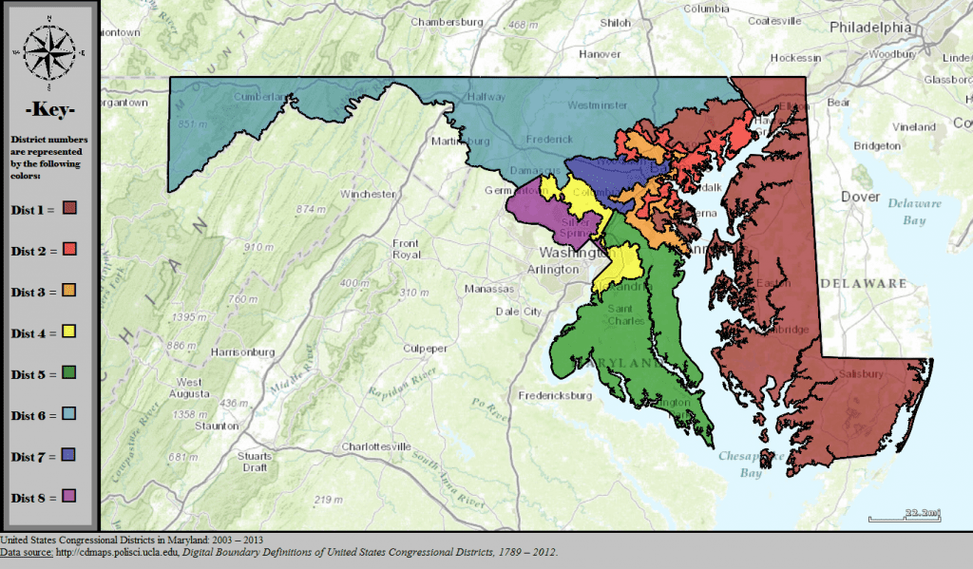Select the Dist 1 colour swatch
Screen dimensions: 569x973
(x=69, y=209)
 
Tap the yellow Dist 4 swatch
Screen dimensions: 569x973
(x=69, y=332)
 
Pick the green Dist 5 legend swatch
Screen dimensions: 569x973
(x=69, y=373)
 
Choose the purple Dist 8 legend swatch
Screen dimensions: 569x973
(x=69, y=496)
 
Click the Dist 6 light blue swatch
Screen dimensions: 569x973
(x=69, y=414)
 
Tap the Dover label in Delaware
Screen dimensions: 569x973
(x=861, y=197)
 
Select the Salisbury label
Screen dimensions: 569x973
(x=861, y=373)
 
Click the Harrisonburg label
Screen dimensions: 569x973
(x=242, y=351)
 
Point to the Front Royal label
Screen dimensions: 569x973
(x=406, y=249)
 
